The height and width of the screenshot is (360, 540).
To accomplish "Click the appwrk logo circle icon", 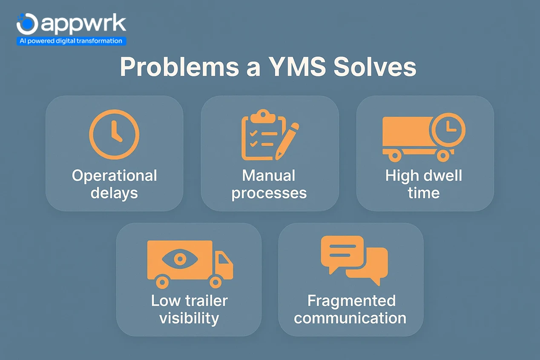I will (27, 24).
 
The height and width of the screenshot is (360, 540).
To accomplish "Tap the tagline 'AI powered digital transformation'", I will (71, 41).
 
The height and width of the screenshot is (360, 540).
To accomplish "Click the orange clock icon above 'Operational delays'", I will (114, 134).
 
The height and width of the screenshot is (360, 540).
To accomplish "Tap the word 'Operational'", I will (114, 176).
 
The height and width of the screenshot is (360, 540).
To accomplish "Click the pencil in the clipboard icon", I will (287, 141).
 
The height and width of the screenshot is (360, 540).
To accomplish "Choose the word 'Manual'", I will (269, 176).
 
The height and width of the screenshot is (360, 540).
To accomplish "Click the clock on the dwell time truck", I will (448, 129).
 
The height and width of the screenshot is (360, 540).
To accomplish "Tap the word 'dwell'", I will (442, 176).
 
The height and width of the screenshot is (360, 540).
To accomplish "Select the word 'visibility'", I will (189, 318).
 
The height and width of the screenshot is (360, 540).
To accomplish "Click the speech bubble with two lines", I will (342, 252).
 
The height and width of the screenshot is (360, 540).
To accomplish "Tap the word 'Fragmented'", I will (351, 301).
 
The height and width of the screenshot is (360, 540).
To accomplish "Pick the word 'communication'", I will (350, 318).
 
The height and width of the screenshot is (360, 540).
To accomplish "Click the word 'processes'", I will (269, 193).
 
